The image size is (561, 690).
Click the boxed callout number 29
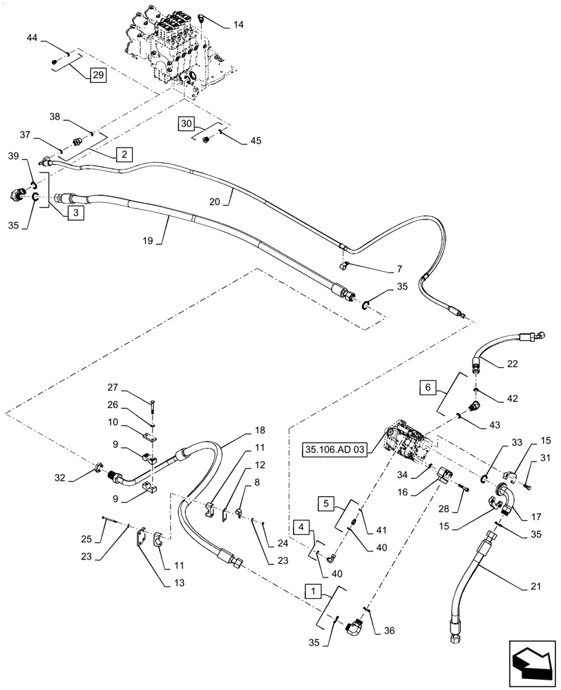coord(97,76)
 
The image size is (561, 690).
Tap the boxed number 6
coord(428,389)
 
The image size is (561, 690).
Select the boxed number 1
coord(313,592)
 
